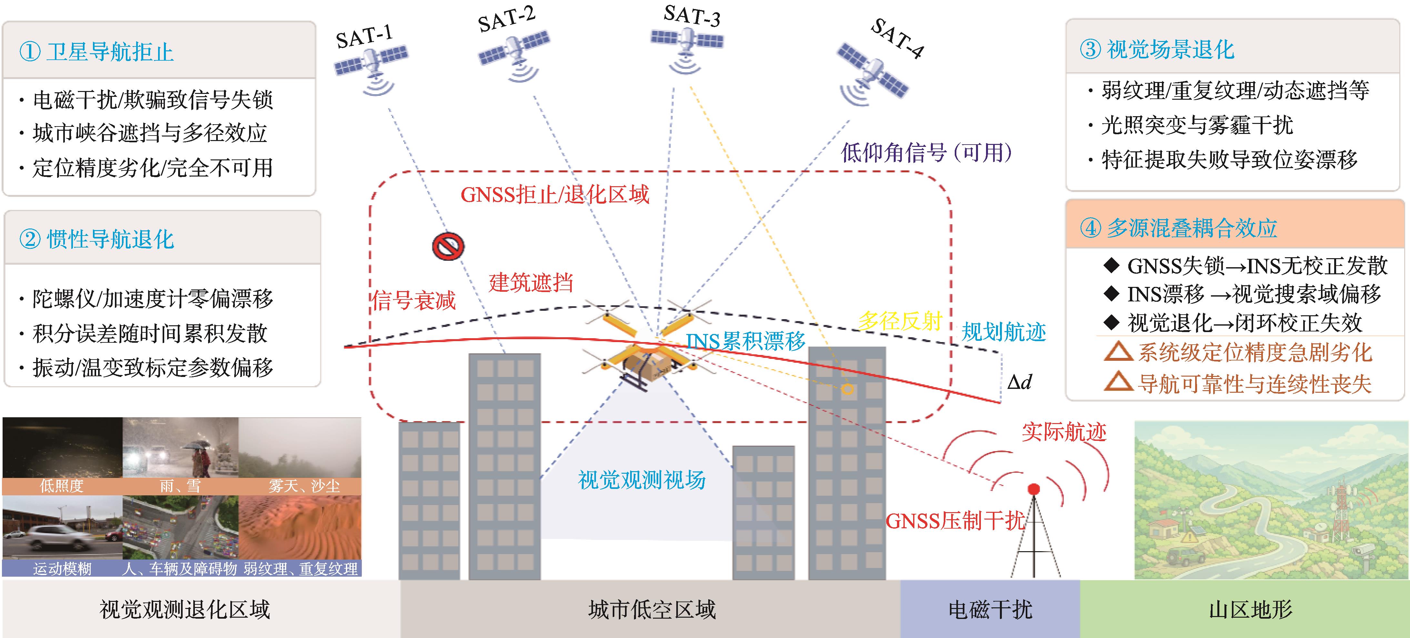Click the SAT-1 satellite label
click(364, 37)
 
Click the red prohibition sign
click(448, 247)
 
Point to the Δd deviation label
click(1019, 382)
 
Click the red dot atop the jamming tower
click(1033, 489)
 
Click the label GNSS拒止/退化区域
click(554, 194)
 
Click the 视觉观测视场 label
click(641, 480)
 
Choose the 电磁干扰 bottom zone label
click(990, 609)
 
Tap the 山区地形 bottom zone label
click(1250, 609)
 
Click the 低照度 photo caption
click(61, 486)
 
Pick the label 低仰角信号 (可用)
click(926, 152)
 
